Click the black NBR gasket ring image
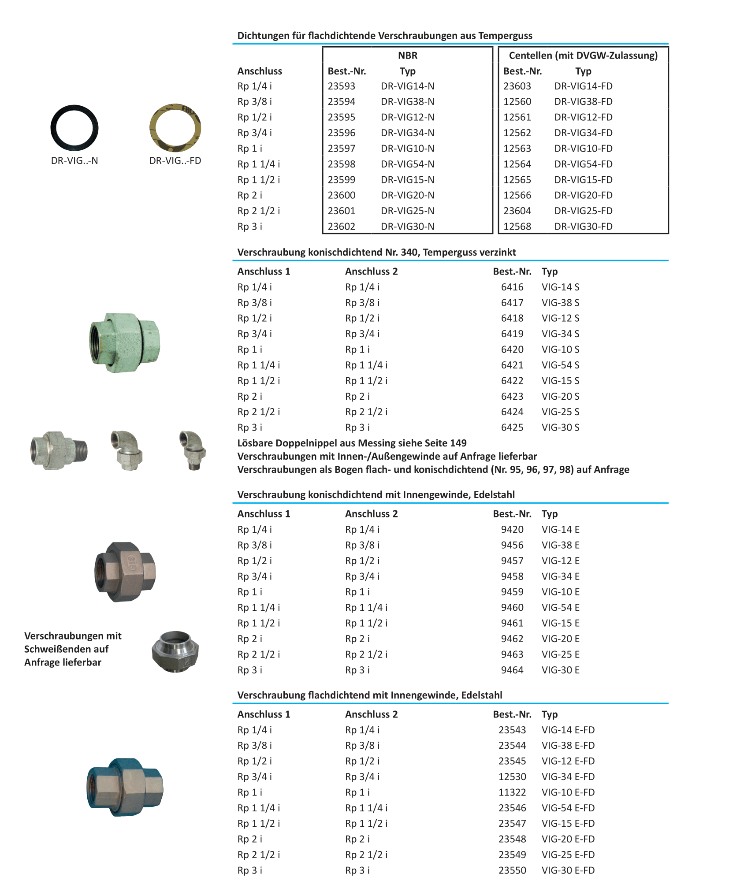coord(74,128)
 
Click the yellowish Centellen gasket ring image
coord(175,128)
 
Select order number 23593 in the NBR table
coord(341,86)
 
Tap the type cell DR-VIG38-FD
coord(583,101)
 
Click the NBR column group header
coord(407,56)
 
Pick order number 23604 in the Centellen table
coord(517,211)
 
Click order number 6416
coord(512,287)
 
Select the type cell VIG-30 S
coord(560,427)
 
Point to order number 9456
coord(512,545)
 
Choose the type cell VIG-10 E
coord(560,591)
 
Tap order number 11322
coord(512,792)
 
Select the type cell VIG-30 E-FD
coord(568,870)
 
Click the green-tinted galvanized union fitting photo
coord(125,343)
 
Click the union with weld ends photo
coord(175,651)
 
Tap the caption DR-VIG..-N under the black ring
coord(74,160)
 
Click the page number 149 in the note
coord(458,443)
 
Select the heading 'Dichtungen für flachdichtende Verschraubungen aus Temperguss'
coord(384,36)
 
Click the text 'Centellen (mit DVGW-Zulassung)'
coord(583,56)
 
